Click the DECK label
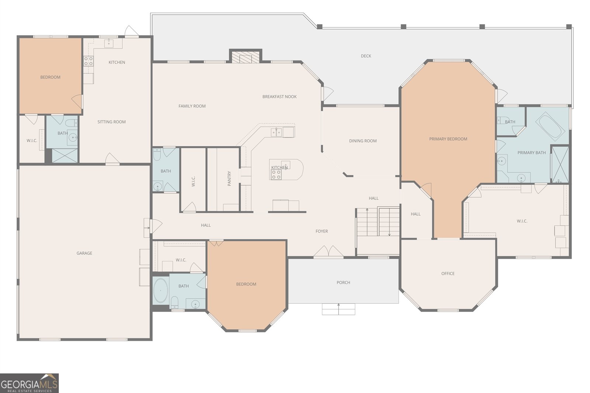coord(366,56)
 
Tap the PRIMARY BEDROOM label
coord(448,139)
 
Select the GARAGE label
coord(84,253)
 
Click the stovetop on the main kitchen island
coord(276,174)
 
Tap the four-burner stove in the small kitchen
coord(88,61)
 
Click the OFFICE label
coord(448,274)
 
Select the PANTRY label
coord(229,178)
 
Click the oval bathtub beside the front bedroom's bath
coord(161,291)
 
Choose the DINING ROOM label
coord(363,141)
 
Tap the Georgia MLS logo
coord(29,383)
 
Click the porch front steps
coord(339,309)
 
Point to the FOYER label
coord(322,231)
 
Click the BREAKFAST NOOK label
coord(280,97)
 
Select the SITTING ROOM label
coord(111,122)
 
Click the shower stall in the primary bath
coord(560,164)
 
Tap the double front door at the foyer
coord(329,251)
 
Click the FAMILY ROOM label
coord(192,106)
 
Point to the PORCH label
coord(343,283)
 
